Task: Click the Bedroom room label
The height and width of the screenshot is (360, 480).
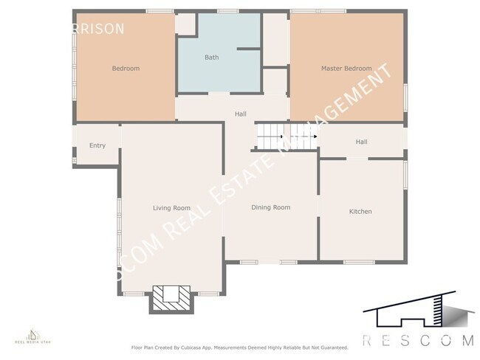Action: pyautogui.click(x=126, y=69)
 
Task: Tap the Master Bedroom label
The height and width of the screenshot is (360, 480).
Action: pyautogui.click(x=346, y=69)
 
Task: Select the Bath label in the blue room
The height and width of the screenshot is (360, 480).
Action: pyautogui.click(x=212, y=57)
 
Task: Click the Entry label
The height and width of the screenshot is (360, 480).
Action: pyautogui.click(x=97, y=145)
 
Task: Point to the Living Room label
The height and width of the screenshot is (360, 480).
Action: pyautogui.click(x=171, y=208)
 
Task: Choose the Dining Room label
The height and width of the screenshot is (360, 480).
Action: pyautogui.click(x=270, y=207)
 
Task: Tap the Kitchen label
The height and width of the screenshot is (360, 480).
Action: pyautogui.click(x=360, y=212)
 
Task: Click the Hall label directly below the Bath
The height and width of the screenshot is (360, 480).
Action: pyautogui.click(x=241, y=114)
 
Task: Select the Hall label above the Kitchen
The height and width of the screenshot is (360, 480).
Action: pyautogui.click(x=361, y=142)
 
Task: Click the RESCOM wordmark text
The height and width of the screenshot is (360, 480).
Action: pyautogui.click(x=417, y=340)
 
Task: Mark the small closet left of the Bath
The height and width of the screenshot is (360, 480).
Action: pyautogui.click(x=185, y=24)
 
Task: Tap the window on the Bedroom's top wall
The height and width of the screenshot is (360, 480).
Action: pyautogui.click(x=160, y=11)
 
